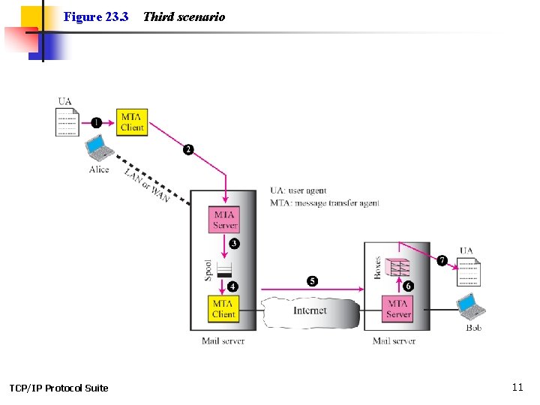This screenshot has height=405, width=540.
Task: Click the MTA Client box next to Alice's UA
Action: click(131, 122)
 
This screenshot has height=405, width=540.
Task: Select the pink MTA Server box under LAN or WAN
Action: click(224, 219)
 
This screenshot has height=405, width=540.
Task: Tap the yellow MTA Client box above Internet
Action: click(223, 308)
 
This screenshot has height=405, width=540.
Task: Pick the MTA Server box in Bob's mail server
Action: click(397, 308)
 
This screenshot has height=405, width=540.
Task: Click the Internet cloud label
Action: click(310, 310)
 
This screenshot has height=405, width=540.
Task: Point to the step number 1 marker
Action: click(96, 122)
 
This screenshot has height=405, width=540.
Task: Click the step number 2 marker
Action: click(188, 150)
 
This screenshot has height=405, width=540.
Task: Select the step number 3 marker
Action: click(235, 244)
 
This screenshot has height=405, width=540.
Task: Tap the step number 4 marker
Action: click(233, 286)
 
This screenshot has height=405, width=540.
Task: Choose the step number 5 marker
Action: click(312, 281)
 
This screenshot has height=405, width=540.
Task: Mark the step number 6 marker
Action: click(409, 286)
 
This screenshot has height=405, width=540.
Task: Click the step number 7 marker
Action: click(442, 260)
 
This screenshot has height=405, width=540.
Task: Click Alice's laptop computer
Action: click(99, 149)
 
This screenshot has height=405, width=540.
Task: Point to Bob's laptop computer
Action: click(472, 306)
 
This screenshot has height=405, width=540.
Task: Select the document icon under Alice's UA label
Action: click(67, 121)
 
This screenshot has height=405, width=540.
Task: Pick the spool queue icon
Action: click(224, 270)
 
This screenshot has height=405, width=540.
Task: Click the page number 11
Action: click(517, 387)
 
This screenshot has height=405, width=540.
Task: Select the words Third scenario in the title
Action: click(184, 16)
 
